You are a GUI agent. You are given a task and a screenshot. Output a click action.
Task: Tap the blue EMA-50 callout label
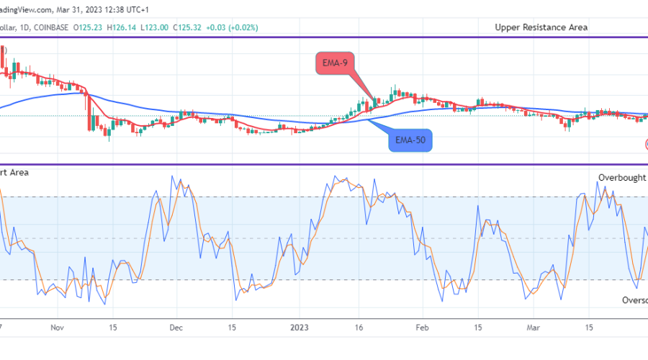pos(411,140)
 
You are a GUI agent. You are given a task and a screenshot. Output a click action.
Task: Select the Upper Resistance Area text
pos(541,27)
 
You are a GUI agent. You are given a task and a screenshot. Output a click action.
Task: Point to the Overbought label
pos(622,177)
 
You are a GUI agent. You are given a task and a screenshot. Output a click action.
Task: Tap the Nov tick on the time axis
pos(58,326)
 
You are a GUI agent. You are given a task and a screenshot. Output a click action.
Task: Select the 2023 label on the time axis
pos(300,326)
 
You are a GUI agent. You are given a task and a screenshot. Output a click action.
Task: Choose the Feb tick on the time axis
pos(422,326)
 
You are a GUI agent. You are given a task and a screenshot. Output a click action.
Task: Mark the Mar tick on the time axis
pos(532,326)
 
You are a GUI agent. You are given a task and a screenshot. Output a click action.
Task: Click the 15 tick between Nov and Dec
pos(113,326)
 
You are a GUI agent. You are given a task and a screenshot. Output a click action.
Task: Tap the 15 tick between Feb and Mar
pos(477,326)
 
